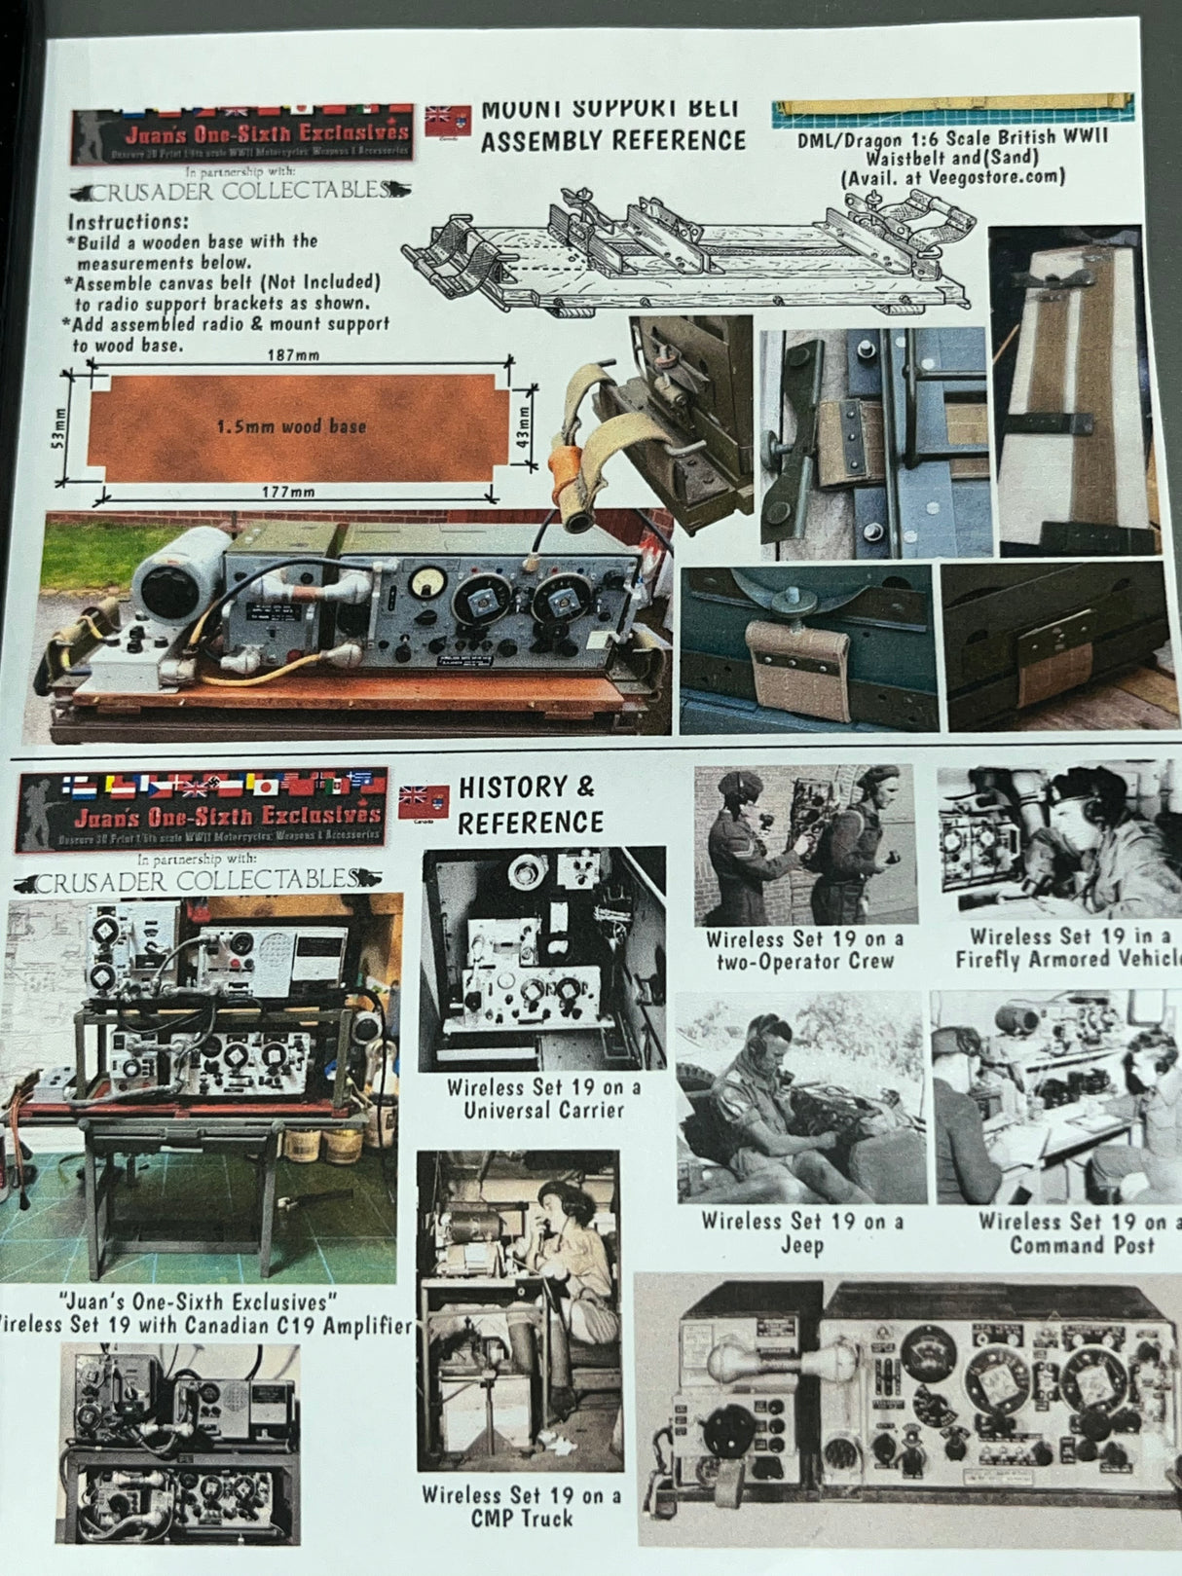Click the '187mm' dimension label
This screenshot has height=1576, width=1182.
293,355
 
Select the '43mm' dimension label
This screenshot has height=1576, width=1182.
524,425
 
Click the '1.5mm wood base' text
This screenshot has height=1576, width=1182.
290,426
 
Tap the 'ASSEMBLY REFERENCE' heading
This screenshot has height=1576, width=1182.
612,141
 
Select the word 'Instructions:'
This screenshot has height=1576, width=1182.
128,221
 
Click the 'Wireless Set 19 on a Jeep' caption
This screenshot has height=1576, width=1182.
802,1232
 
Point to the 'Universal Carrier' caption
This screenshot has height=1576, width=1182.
543,1111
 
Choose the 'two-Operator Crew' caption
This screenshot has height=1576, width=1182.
804,962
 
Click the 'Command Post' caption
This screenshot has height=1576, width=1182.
1081,1245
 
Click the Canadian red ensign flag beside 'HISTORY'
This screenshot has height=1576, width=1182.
424,802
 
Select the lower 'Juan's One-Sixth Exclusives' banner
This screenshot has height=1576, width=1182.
202,808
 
